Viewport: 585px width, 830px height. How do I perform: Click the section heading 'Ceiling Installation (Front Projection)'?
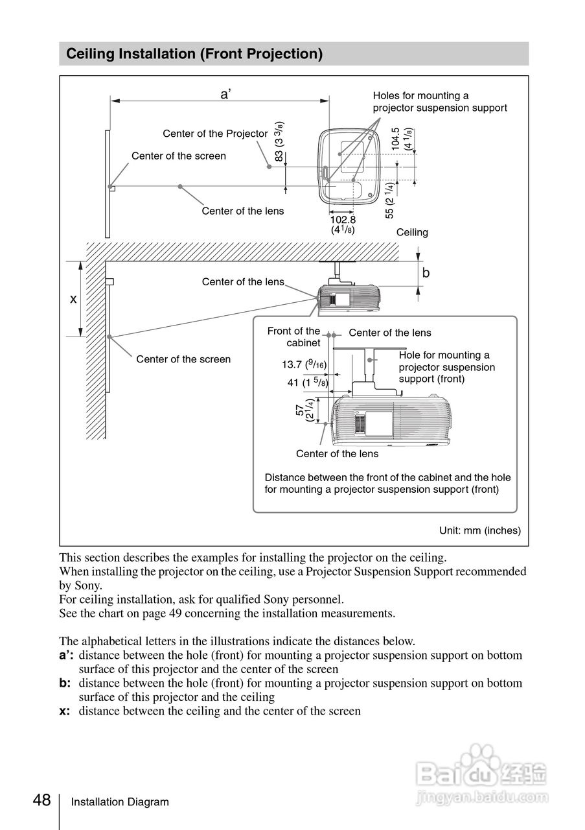[x=194, y=54]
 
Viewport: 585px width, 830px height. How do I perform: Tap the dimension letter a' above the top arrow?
[x=225, y=94]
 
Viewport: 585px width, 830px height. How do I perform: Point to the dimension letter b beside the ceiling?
[x=426, y=273]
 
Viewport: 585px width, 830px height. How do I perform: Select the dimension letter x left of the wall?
[x=73, y=299]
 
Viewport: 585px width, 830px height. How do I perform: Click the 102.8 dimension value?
[x=343, y=219]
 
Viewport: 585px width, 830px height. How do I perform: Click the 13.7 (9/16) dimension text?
[x=304, y=365]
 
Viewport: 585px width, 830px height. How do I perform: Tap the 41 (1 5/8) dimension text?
[x=308, y=383]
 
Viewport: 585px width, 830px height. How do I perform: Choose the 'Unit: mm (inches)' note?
[x=480, y=530]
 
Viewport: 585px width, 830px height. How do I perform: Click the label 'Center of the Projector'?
[x=215, y=134]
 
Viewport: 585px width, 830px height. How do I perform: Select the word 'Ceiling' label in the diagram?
[x=412, y=232]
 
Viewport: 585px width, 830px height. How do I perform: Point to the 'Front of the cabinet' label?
[x=294, y=337]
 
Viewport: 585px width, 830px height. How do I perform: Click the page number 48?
[x=42, y=801]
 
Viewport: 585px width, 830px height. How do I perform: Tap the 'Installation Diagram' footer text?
[x=120, y=802]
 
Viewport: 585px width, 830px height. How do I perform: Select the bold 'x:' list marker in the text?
[x=65, y=711]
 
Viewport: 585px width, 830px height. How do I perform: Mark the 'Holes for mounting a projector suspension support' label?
[x=440, y=102]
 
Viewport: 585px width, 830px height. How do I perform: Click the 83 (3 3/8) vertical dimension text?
[x=279, y=141]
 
